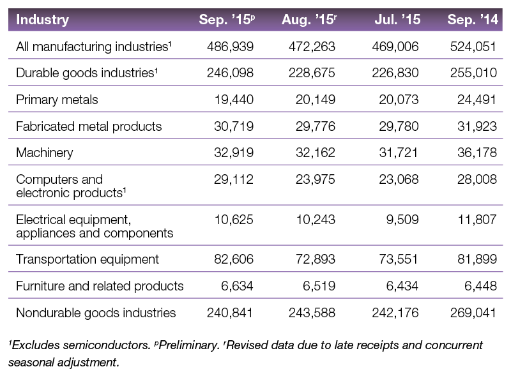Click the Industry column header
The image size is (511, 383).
[42, 20]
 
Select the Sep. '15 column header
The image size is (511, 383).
[227, 20]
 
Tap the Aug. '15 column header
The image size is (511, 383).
[309, 20]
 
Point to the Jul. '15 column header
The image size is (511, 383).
[397, 20]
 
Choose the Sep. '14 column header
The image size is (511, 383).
[473, 20]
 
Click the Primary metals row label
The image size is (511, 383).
[57, 100]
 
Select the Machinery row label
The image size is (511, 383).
[45, 153]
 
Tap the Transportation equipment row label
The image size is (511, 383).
[88, 259]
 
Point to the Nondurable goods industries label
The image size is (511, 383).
[96, 313]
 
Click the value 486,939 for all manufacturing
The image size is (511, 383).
[230, 47]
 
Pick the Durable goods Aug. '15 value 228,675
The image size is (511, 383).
[312, 73]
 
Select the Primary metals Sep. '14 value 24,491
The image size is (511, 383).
[477, 100]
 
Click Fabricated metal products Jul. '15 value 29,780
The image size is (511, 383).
[399, 126]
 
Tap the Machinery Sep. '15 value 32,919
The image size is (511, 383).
[234, 153]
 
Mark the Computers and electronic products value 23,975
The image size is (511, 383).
[316, 179]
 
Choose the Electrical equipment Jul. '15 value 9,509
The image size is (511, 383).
[402, 220]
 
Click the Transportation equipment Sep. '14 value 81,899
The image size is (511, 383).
[477, 259]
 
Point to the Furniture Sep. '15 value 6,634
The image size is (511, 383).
[237, 286]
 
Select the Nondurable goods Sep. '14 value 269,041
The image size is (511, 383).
[473, 313]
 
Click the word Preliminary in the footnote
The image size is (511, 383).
[188, 345]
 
